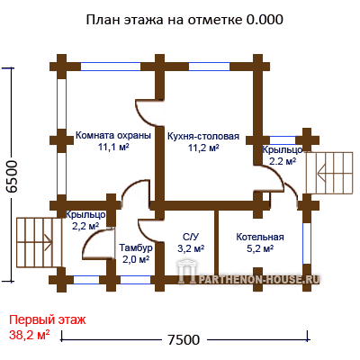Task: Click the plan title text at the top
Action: (184, 20)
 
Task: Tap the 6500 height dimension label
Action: (13, 176)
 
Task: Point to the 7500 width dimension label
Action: (184, 340)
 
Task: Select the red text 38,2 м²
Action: (30, 335)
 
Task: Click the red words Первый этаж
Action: (48, 319)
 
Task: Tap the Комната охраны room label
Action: (113, 135)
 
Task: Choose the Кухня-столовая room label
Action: (203, 136)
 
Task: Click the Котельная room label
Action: (260, 237)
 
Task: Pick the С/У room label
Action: (191, 237)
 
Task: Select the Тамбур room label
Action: (136, 248)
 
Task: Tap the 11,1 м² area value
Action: (113, 147)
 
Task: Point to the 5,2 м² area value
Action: (260, 248)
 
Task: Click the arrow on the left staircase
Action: (49, 239)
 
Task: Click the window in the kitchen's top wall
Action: (209, 67)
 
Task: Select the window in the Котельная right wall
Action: (307, 243)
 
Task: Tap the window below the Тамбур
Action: (135, 280)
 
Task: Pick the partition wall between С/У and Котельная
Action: (216, 243)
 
